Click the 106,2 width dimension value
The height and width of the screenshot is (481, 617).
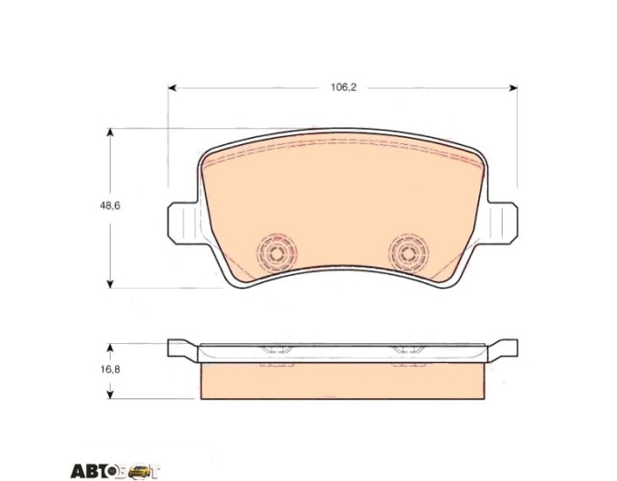click(343, 87)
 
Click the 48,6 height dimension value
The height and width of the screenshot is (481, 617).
click(110, 205)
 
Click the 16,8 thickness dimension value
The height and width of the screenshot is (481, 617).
click(110, 369)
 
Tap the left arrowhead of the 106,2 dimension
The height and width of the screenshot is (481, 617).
click(172, 87)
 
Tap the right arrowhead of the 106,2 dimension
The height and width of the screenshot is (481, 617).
click(514, 87)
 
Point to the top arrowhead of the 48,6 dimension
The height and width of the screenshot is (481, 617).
click(111, 133)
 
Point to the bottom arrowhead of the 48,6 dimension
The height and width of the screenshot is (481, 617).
click(111, 283)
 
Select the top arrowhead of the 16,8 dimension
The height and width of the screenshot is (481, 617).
click(111, 348)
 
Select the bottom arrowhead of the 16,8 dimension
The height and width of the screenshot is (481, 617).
click(111, 395)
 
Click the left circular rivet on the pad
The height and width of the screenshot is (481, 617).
click(276, 252)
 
